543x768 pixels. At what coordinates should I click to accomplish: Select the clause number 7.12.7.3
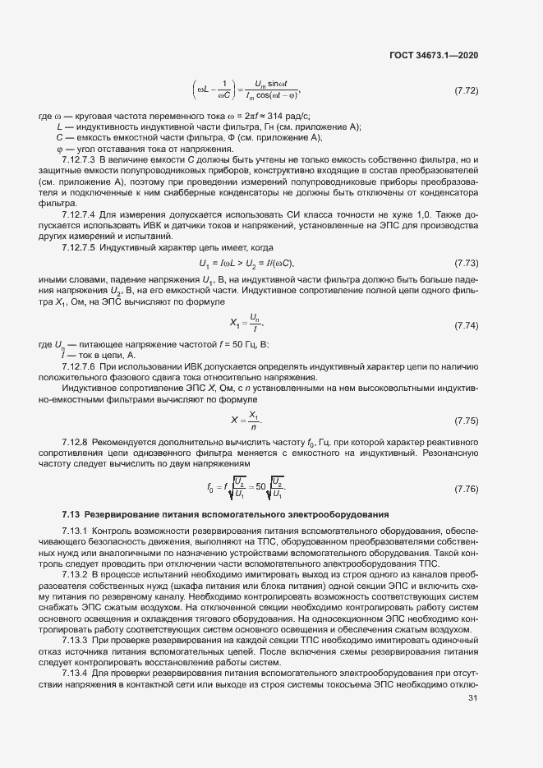click(x=81, y=159)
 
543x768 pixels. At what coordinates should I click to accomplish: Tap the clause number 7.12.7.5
click(x=81, y=246)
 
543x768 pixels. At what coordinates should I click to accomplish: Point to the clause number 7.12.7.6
click(x=81, y=366)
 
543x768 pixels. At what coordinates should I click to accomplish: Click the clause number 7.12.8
click(x=76, y=443)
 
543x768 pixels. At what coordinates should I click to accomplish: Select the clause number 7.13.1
click(x=76, y=531)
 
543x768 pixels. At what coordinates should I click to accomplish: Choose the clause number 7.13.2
click(x=76, y=575)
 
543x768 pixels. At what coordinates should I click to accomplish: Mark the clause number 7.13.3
click(x=76, y=640)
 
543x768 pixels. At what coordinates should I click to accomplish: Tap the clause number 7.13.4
click(x=76, y=673)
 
